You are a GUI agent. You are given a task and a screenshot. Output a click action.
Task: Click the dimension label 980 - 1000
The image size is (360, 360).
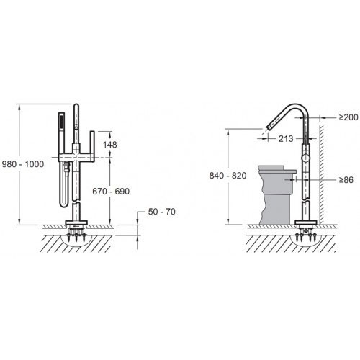coord(23,164)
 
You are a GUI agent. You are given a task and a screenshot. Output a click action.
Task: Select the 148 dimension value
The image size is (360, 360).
coord(110,145)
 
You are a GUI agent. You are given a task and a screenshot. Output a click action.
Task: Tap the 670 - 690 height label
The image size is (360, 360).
coord(111,192)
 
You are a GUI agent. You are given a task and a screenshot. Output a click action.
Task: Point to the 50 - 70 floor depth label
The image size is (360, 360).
coord(162,212)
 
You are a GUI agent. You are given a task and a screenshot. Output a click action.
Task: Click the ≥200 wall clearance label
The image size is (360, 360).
coord(348,117)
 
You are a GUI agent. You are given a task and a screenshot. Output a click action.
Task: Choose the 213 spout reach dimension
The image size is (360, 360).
coord(286,138)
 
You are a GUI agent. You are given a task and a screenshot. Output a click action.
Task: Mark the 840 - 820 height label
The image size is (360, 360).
coord(228,176)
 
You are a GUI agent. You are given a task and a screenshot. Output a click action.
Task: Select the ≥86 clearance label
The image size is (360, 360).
coord(346,180)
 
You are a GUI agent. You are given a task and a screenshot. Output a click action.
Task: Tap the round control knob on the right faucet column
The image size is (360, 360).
coord(305,158)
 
